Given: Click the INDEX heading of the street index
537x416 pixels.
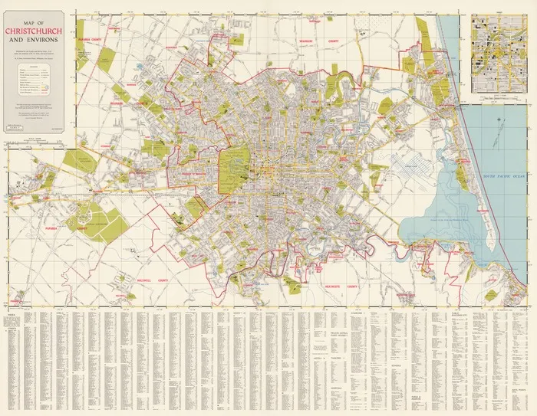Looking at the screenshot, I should point(10,314).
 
